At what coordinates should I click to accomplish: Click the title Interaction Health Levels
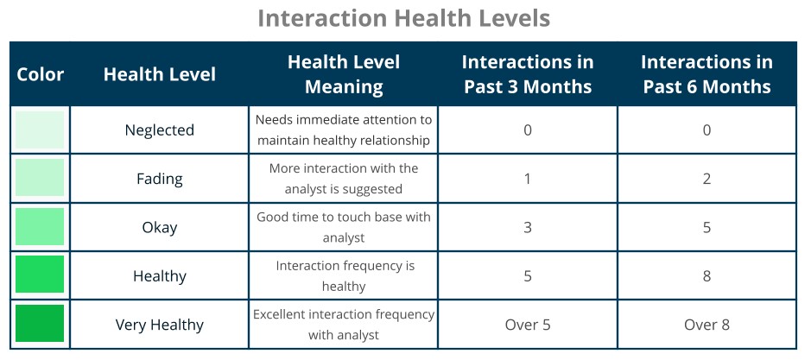(x=403, y=19)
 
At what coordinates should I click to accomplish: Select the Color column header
(x=40, y=74)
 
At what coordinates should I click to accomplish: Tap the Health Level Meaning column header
(x=344, y=74)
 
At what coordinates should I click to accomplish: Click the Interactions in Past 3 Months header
(x=527, y=74)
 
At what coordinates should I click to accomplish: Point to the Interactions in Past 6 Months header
(x=706, y=74)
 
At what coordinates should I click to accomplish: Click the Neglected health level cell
(x=159, y=129)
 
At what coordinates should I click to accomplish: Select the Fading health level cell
(x=159, y=179)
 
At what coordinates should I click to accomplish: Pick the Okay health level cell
(x=159, y=228)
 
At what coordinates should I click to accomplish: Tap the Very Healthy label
(x=159, y=325)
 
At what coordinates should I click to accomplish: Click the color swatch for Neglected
(x=40, y=129)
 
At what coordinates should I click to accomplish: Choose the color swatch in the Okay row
(x=40, y=226)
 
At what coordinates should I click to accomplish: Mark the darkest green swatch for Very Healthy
(x=40, y=323)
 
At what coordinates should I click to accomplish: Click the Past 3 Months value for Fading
(x=527, y=179)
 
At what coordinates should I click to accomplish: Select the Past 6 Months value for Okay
(x=706, y=228)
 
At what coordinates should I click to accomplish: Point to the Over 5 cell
(x=527, y=325)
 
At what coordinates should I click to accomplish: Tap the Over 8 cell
(x=706, y=325)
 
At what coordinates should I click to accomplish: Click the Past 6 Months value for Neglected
(x=706, y=129)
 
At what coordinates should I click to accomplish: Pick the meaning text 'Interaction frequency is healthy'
(x=344, y=276)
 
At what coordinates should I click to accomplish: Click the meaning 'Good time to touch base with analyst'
(x=344, y=227)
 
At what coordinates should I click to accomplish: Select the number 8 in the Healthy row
(x=706, y=276)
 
